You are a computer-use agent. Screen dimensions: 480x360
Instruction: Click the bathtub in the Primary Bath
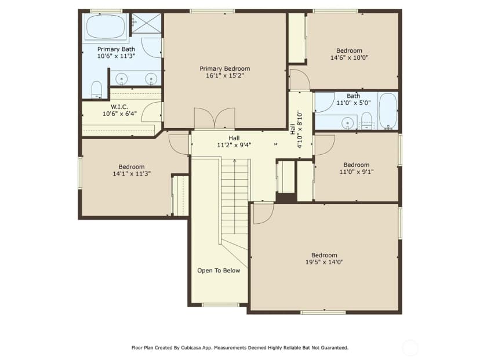[x=106, y=26]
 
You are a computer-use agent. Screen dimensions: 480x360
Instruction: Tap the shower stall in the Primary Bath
[x=146, y=23]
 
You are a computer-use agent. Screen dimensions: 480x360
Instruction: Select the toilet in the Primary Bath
[x=96, y=90]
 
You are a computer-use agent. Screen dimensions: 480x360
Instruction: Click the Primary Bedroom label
[x=225, y=68]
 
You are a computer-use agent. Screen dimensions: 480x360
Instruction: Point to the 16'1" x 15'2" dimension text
[x=225, y=75]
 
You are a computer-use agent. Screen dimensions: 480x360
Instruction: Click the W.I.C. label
[x=119, y=107]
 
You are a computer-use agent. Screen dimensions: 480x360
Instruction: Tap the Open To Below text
[x=219, y=271]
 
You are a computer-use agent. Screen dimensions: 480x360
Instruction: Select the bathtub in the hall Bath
[x=388, y=111]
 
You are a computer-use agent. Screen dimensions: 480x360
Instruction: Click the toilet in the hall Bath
[x=366, y=121]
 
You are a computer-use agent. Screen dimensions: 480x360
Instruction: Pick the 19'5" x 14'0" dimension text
[x=325, y=262]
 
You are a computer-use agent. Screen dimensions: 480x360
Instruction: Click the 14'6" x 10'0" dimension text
[x=350, y=57]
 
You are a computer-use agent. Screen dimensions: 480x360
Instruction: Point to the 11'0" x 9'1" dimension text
[x=357, y=172]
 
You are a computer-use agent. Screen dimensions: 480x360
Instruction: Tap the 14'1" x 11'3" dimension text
[x=132, y=173]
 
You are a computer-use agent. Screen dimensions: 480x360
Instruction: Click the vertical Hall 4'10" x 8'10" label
[x=296, y=129]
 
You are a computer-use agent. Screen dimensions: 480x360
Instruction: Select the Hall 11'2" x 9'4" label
[x=234, y=141]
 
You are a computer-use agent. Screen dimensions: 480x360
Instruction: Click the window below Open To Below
[x=220, y=304]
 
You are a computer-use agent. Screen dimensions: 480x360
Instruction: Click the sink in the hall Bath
[x=347, y=123]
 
